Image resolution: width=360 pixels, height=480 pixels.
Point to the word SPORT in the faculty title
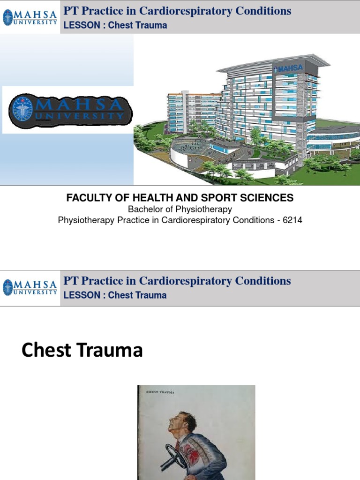click(216, 198)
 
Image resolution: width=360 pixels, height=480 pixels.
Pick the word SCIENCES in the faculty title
click(267, 198)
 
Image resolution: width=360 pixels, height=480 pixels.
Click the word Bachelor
click(147, 209)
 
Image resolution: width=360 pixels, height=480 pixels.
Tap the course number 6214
click(292, 220)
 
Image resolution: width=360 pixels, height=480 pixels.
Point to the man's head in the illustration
click(181, 422)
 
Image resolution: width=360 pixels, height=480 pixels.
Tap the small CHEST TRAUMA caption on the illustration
click(161, 392)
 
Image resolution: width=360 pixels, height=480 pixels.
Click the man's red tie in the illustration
click(178, 445)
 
